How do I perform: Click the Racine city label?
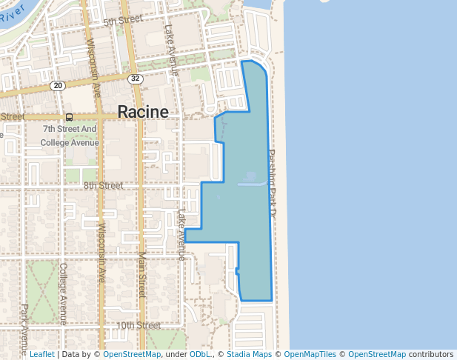143,112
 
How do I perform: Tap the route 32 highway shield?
134,79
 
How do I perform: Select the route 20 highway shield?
59,86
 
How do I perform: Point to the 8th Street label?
103,185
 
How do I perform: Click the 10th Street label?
139,325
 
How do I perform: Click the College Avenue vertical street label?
64,293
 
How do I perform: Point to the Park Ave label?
24,319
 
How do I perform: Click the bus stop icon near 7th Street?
69,116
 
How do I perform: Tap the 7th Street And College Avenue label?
69,136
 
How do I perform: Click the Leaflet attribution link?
41,354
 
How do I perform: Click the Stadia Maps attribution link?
249,354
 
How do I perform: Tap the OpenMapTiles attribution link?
311,354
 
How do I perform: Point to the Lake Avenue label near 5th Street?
171,50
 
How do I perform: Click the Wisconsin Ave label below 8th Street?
101,252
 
